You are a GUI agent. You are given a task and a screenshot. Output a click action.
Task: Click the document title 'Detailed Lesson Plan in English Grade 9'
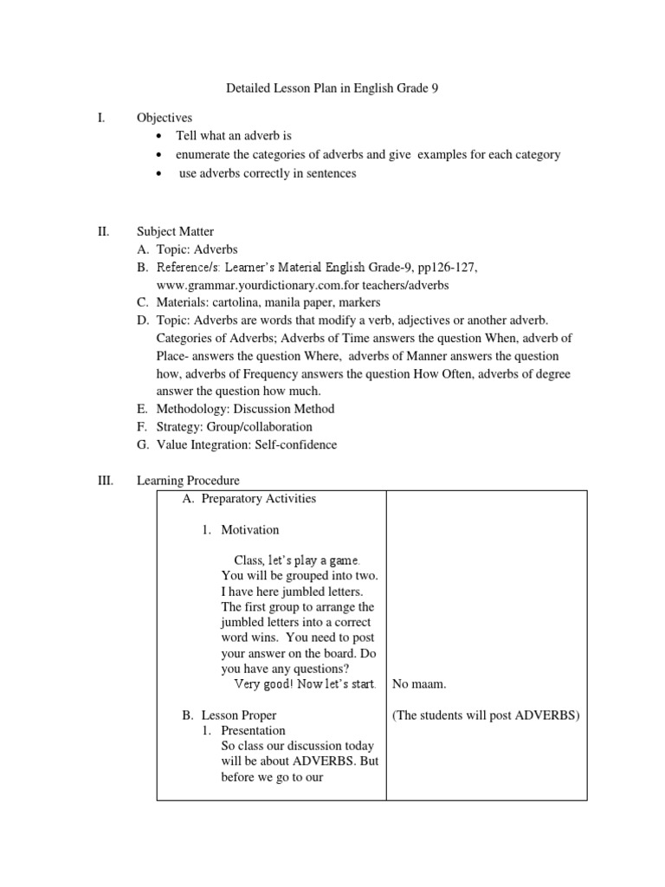[333, 88]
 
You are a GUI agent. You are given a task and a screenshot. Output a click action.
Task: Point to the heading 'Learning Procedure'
[188, 480]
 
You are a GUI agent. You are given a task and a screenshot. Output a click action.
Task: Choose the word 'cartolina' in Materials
[242, 302]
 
